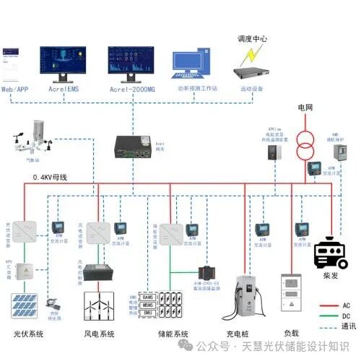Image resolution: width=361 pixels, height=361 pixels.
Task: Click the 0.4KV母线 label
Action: [49, 177]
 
